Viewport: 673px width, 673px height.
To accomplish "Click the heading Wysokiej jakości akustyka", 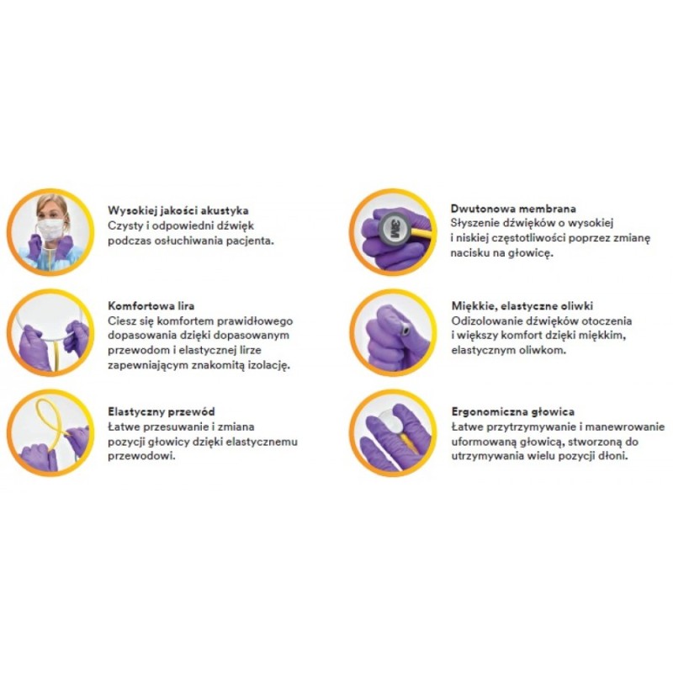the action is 178,211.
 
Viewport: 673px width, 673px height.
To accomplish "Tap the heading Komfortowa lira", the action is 151,306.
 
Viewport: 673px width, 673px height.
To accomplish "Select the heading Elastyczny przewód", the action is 162,412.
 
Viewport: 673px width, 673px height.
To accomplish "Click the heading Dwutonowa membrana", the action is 513,209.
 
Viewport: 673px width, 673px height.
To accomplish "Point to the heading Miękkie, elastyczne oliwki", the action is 522,306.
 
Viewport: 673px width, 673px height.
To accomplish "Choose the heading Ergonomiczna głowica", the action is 513,412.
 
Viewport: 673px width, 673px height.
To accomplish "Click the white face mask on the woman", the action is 50,229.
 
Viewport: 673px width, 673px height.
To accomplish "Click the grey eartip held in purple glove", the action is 405,331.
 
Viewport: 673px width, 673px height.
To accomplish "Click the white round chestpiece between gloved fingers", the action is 391,419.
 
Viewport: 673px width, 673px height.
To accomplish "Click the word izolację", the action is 269,366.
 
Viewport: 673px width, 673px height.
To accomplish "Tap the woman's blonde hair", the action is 52,205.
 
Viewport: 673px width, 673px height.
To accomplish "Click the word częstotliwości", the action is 530,238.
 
